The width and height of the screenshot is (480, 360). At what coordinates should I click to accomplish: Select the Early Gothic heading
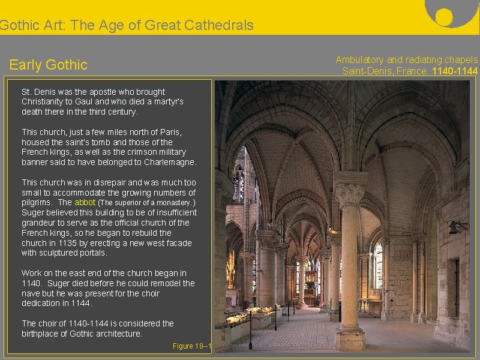[x=49, y=65]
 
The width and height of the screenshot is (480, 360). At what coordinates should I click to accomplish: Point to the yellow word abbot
[x=85, y=203]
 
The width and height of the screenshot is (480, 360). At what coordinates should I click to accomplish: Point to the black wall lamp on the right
[x=456, y=227]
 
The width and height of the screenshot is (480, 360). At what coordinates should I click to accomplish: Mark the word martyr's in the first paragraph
[x=166, y=102]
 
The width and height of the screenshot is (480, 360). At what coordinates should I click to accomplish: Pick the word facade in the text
[x=178, y=243]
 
